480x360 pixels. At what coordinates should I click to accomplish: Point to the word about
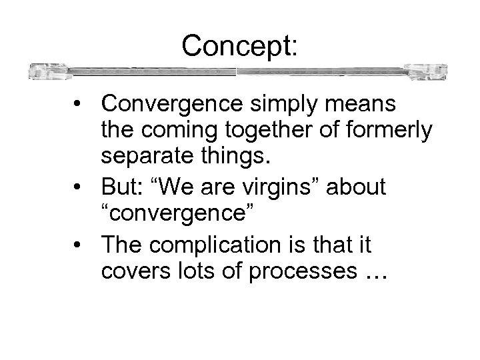(x=355, y=188)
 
